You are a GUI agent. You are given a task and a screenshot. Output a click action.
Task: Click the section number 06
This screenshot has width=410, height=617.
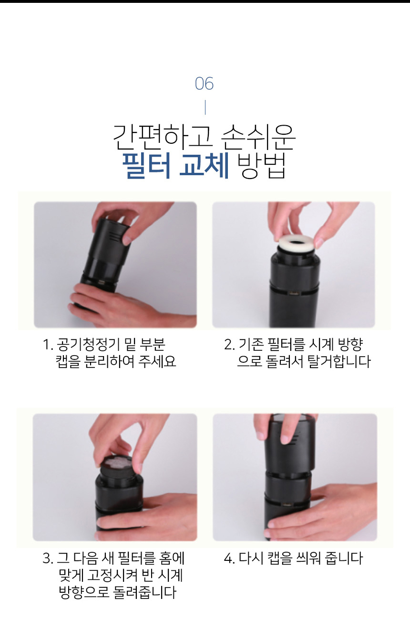(204, 83)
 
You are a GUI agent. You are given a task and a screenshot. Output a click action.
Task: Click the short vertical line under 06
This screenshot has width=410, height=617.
(205, 108)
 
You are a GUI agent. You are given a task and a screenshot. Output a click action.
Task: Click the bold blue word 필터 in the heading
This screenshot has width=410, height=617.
(146, 166)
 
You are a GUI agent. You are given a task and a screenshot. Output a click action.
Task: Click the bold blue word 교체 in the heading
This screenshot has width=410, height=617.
(204, 166)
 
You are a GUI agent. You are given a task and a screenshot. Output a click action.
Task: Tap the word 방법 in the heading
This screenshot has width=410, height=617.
(261, 166)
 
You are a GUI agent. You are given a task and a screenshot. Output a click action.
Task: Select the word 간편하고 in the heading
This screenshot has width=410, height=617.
(162, 137)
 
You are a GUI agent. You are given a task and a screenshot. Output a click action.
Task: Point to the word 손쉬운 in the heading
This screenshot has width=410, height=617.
(258, 137)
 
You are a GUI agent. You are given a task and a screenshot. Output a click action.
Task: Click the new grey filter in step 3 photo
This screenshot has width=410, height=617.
(118, 465)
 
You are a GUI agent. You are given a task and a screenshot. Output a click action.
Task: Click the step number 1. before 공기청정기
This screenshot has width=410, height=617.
(48, 345)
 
